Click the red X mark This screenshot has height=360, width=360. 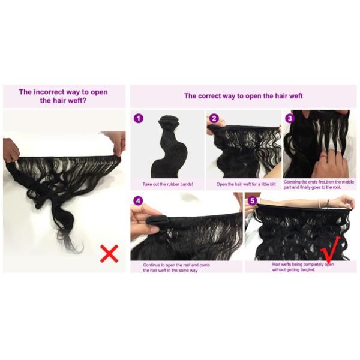point(109,254)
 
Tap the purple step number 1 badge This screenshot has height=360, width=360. point(139,118)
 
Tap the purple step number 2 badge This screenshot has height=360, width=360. point(214,118)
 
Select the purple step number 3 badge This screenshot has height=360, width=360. point(290,118)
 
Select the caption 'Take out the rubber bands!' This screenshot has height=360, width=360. point(167,184)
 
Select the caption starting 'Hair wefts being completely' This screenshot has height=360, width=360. point(303,267)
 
